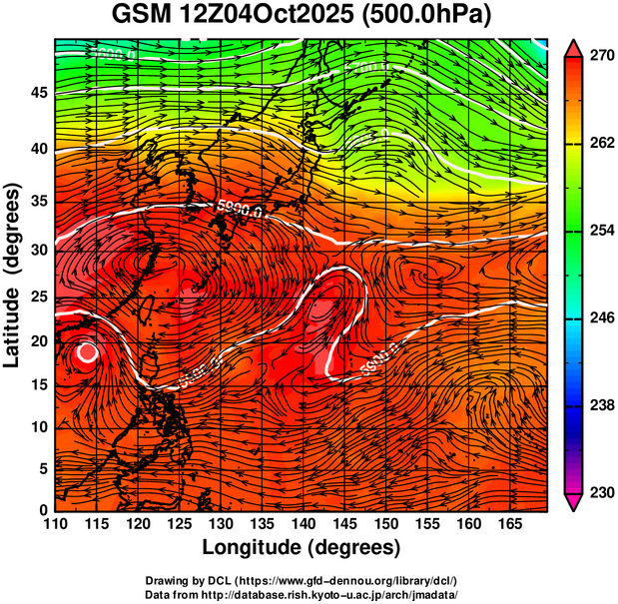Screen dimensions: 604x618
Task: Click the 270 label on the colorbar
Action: coord(599,57)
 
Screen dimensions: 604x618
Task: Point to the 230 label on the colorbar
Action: coord(599,492)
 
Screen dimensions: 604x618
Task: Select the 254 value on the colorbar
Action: coord(599,231)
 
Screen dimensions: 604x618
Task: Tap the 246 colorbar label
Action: coord(599,318)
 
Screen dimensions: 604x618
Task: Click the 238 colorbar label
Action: coord(599,405)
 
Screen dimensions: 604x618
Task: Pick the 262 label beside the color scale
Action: coord(599,144)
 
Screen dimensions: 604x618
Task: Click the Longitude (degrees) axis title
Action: coord(301,547)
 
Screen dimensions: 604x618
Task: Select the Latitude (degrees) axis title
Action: coord(13,275)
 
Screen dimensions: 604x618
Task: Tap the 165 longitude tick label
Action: coord(508,522)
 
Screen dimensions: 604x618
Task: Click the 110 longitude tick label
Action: coord(56,522)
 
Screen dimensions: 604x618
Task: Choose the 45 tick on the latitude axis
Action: coord(39,92)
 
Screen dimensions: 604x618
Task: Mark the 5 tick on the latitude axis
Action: coord(44,468)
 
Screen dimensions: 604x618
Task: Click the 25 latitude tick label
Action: coord(39,298)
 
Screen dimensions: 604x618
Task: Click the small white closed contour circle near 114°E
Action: coord(87,351)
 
